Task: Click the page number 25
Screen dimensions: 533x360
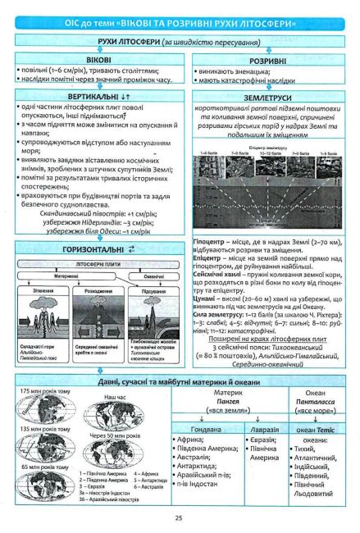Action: pyautogui.click(x=178, y=517)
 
